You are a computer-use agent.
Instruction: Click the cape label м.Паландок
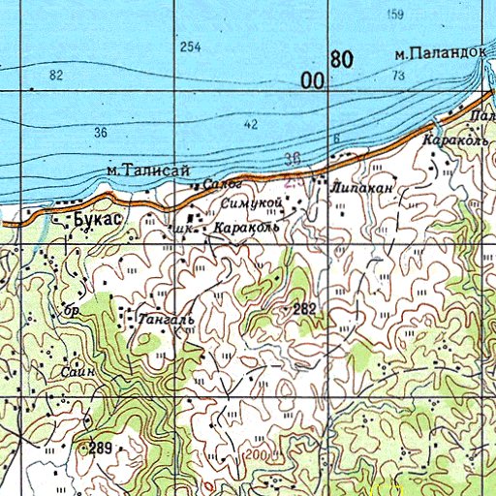437,54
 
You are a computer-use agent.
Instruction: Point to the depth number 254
190,47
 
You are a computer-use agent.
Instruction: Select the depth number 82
55,75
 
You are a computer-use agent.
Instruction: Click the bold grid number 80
341,60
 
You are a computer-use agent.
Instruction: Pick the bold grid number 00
312,82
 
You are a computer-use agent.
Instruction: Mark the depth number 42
252,124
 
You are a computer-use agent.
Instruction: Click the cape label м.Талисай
146,170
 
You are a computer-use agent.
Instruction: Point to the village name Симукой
250,202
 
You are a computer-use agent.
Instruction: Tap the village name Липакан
361,189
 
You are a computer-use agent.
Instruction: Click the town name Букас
98,220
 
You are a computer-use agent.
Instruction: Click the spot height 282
306,309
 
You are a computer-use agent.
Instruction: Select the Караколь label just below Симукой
245,228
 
